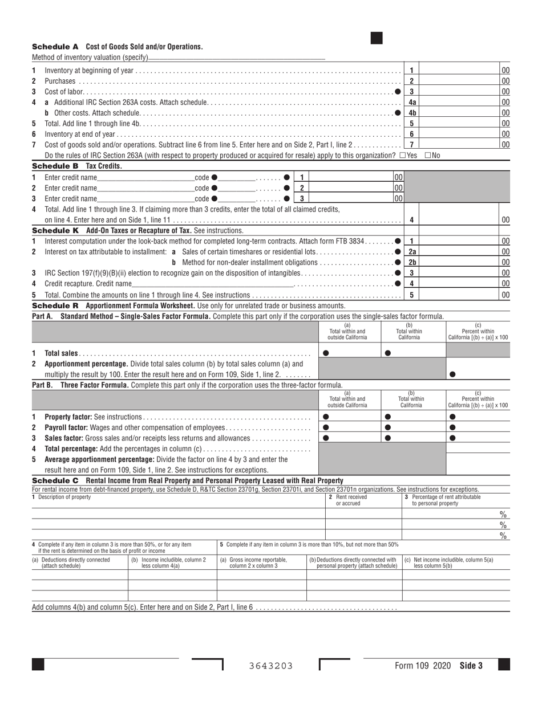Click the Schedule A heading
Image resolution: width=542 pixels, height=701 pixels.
(x=117, y=47)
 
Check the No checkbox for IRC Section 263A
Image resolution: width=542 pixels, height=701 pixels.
(x=428, y=155)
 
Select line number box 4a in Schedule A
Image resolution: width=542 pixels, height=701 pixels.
(x=412, y=102)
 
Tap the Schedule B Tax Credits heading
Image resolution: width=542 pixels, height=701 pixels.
(x=77, y=166)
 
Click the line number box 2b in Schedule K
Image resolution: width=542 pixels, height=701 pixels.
(x=412, y=262)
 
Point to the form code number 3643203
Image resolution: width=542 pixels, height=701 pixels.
(x=271, y=666)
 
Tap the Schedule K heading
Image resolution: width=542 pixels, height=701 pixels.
(x=137, y=230)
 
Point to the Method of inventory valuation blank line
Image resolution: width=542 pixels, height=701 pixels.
(x=236, y=58)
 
